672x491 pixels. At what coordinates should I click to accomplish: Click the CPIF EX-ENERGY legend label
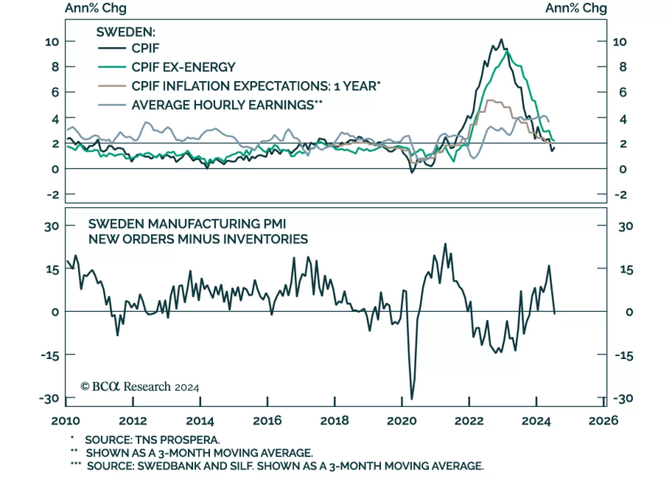click(183, 67)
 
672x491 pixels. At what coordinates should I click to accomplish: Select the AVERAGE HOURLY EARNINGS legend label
click(223, 105)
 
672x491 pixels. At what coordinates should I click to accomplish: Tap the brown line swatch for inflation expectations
click(112, 86)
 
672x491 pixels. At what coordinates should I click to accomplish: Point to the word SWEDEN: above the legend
click(126, 32)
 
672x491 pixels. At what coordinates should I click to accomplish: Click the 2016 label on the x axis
click(267, 421)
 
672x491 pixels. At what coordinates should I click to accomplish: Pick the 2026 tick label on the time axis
click(603, 421)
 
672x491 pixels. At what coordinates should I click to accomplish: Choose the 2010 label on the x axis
click(66, 421)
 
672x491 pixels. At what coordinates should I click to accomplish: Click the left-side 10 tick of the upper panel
click(52, 42)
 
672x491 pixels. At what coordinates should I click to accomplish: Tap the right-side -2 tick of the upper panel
click(620, 195)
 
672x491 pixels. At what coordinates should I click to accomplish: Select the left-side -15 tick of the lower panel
click(50, 355)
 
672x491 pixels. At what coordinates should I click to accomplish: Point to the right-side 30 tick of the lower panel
click(625, 227)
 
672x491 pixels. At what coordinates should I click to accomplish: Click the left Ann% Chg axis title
click(95, 8)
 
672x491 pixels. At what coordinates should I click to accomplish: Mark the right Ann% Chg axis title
click(576, 8)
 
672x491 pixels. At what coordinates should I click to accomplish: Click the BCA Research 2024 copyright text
click(140, 387)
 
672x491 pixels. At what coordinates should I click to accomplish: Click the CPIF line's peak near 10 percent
click(501, 40)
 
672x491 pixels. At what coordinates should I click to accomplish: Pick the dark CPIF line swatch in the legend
click(112, 48)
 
